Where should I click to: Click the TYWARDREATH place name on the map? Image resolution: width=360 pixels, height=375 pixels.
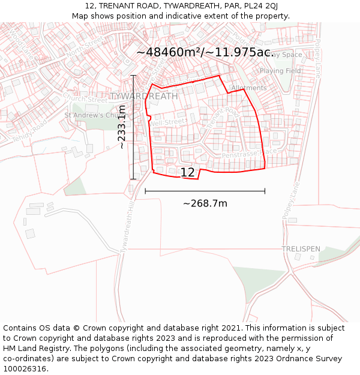point(144,96)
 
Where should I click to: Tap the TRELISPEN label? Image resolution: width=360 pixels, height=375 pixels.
point(301,249)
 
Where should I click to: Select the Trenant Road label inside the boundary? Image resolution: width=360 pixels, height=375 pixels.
point(223,120)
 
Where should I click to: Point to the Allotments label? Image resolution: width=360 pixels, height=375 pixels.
point(248,88)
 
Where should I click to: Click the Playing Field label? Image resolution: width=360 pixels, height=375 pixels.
point(280,71)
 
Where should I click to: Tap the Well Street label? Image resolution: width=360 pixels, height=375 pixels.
point(169,122)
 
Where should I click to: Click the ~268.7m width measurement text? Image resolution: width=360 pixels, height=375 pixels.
point(205,203)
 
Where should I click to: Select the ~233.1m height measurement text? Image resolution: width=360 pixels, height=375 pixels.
point(122,127)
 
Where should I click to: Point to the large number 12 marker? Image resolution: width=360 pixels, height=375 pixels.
point(188,172)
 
